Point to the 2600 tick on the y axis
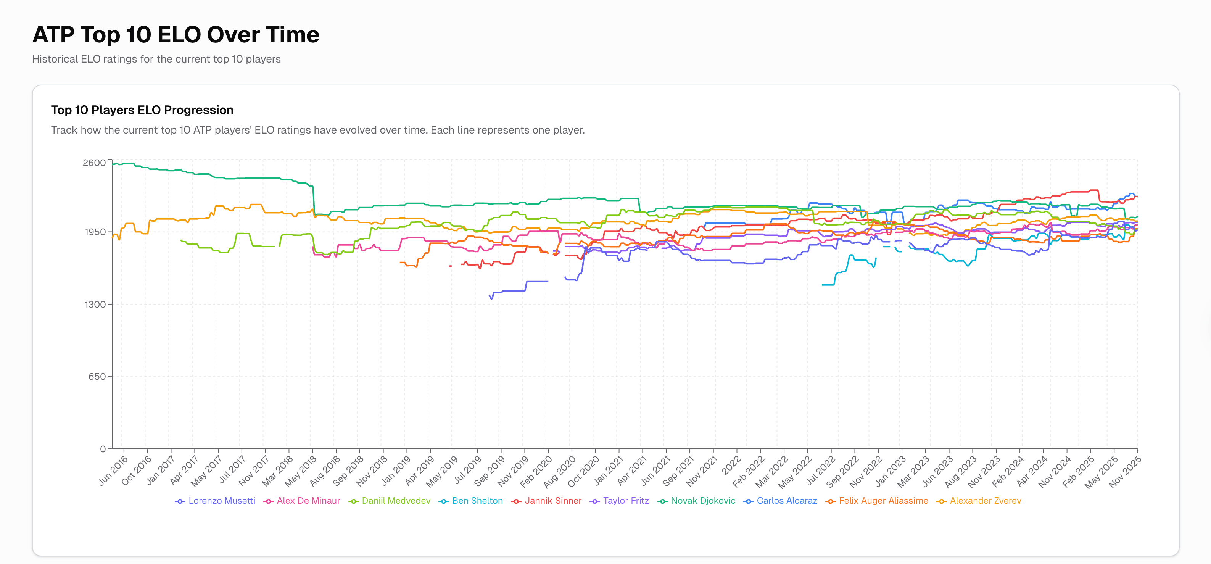point(94,163)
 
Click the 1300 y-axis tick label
point(95,305)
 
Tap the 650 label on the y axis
point(97,377)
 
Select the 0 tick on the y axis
point(103,449)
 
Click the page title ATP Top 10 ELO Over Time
point(176,35)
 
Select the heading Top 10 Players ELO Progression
point(142,110)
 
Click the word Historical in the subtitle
point(55,59)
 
